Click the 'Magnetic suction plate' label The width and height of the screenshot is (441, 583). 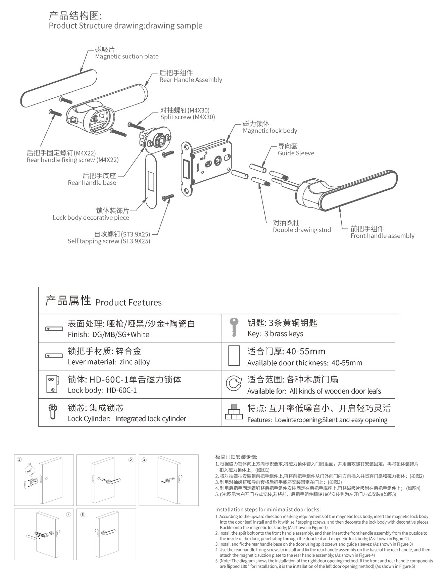127,56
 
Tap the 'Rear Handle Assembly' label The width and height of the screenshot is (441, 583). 191,80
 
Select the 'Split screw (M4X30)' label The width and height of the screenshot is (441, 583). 188,117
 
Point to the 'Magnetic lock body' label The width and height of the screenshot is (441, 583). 270,131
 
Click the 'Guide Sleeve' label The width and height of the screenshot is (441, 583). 296,153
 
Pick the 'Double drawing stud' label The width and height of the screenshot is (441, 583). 302,230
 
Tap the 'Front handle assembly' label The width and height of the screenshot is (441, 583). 382,236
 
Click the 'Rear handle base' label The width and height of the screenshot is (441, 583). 92,183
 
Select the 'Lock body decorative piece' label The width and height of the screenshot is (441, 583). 91,218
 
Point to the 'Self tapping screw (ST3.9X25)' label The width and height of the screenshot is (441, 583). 109,241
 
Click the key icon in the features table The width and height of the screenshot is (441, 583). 234,327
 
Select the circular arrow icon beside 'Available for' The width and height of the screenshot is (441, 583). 234,384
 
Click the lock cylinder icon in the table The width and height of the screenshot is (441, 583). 53,412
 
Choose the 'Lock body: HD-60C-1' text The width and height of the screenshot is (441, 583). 102,390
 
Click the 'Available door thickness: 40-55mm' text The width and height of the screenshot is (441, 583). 305,363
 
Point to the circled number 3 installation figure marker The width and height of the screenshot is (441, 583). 144,460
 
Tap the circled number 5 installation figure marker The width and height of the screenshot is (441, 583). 83,514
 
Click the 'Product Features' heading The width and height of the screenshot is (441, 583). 128,303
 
